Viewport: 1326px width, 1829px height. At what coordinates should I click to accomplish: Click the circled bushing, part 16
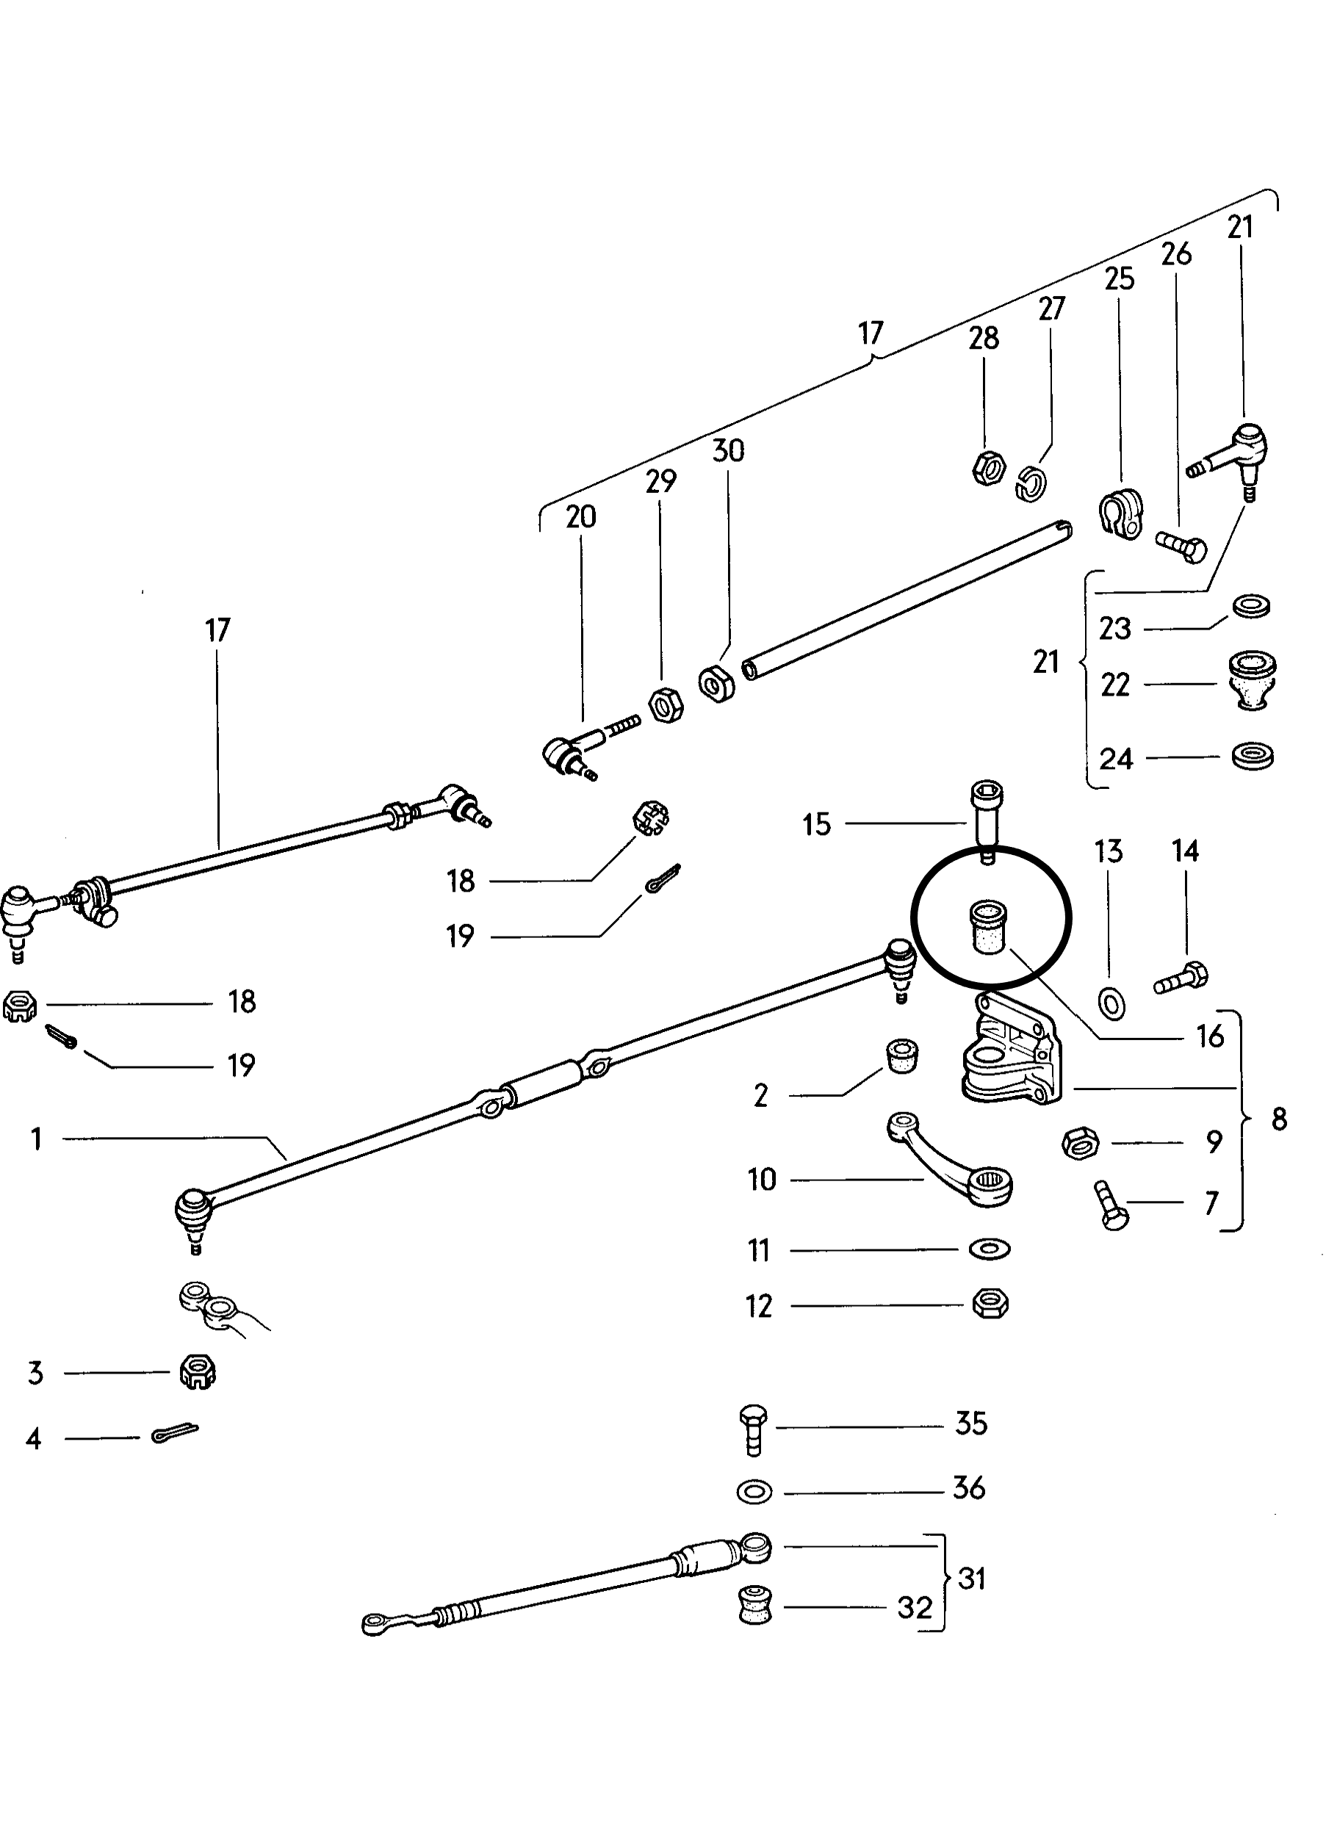pos(987,928)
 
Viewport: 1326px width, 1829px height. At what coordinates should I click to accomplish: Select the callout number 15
pos(816,825)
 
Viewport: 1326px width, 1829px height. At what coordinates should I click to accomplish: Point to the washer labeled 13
pos(1113,1003)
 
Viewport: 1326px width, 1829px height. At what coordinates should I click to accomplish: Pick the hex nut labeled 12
pos(990,1304)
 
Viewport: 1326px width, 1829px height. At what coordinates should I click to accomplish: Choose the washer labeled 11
pos(989,1249)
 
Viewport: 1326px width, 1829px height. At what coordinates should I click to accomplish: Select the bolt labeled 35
pos(752,1431)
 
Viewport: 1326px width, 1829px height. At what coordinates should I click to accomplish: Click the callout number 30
pos(727,451)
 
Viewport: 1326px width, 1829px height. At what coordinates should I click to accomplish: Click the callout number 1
pos(36,1139)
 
